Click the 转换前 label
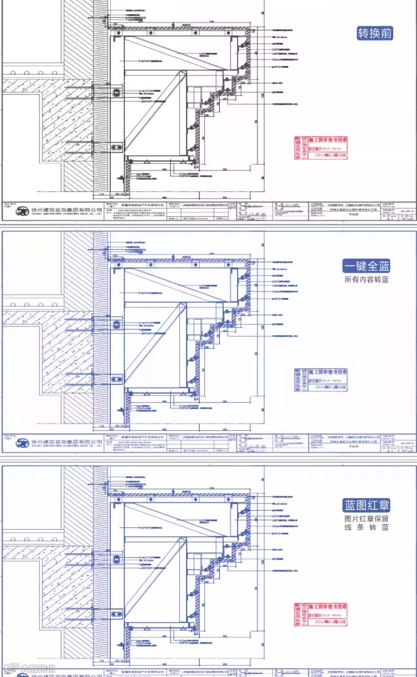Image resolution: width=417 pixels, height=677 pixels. pyautogui.click(x=375, y=33)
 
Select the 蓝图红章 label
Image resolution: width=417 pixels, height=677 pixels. pyautogui.click(x=366, y=505)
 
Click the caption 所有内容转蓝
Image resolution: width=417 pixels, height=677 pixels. pyautogui.click(x=366, y=280)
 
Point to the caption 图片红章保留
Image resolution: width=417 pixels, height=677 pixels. pyautogui.click(x=366, y=517)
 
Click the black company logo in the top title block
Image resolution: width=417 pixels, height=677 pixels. pyautogui.click(x=23, y=211)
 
